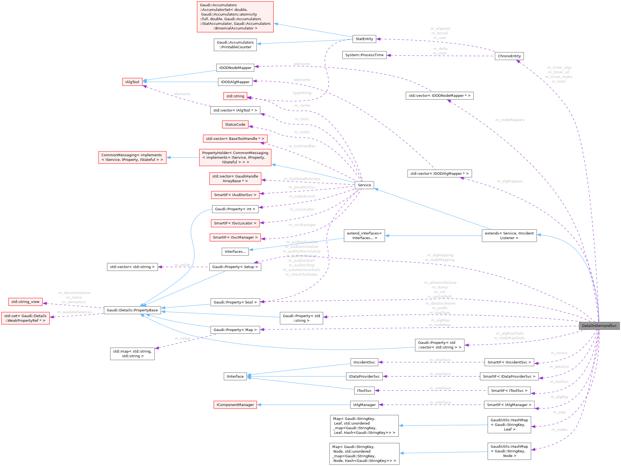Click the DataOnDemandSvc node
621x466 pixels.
(x=599, y=326)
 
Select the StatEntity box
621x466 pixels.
(x=364, y=39)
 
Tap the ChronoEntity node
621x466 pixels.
(x=509, y=56)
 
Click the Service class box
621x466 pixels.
(x=364, y=185)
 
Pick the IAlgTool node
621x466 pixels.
(x=132, y=82)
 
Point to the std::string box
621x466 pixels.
(x=235, y=96)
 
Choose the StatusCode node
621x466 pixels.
(x=235, y=125)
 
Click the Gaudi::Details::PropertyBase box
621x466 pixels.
(x=132, y=310)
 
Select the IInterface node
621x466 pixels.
(x=235, y=377)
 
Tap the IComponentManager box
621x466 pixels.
(x=235, y=405)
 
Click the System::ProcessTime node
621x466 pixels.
(x=364, y=55)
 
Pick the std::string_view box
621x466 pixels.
(x=25, y=302)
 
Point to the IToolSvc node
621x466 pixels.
(x=364, y=391)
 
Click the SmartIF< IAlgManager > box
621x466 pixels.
(x=509, y=405)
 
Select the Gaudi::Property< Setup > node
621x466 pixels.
(x=235, y=267)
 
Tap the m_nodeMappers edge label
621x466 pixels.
(x=510, y=120)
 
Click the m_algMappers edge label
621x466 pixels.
(x=510, y=181)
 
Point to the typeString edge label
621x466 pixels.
(x=302, y=93)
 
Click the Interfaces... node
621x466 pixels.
(x=235, y=252)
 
